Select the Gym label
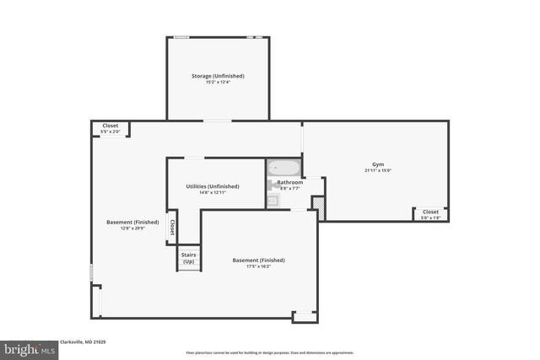(x=377, y=164)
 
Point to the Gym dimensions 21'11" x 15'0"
(x=377, y=170)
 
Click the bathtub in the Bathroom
(x=284, y=168)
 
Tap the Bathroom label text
(x=291, y=182)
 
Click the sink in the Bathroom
(x=273, y=201)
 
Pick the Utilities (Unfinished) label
(x=213, y=186)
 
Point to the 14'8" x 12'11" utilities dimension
(x=213, y=192)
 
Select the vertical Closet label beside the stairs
(x=172, y=227)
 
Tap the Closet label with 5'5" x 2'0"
(x=111, y=126)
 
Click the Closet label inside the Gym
(x=430, y=212)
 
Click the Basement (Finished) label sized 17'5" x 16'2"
(x=258, y=261)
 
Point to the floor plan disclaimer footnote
(x=269, y=352)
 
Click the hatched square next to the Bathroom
(x=318, y=203)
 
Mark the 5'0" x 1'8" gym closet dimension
(x=430, y=218)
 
